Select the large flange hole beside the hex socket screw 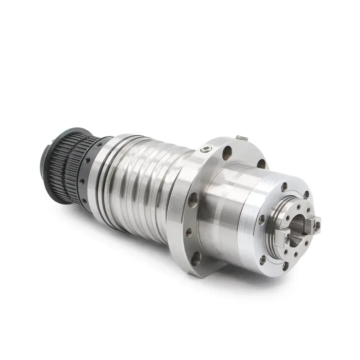[x=227, y=154]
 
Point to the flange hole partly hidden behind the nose [x=261, y=164]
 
